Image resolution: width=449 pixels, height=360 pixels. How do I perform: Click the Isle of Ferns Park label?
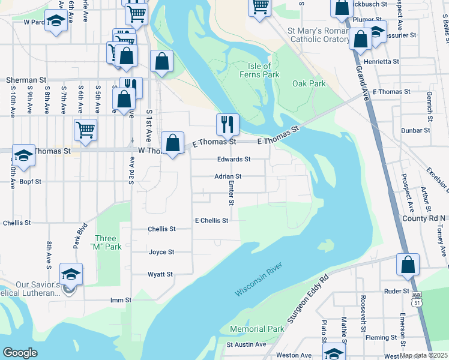pos(265,70)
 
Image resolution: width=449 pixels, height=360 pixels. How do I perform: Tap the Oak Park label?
pos(309,83)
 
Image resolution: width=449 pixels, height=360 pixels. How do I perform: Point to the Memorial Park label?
pos(257,329)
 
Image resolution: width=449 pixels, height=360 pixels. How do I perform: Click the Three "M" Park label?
pos(106,242)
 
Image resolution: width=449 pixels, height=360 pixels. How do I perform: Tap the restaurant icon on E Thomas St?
pos(228,124)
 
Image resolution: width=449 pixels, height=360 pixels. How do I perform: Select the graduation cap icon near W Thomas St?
pos(23,156)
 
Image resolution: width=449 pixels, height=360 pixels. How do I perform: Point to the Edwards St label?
pos(234,160)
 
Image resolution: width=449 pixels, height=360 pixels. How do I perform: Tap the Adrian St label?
pos(228,176)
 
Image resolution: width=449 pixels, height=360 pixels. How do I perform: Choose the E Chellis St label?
pos(212,221)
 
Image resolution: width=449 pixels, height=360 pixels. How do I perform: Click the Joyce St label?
pos(161,252)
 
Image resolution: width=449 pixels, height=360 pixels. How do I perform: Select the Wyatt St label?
pos(160,274)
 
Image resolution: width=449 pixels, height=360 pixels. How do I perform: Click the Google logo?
pos(20,353)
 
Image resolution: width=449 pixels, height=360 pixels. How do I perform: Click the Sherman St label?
pos(26,79)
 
